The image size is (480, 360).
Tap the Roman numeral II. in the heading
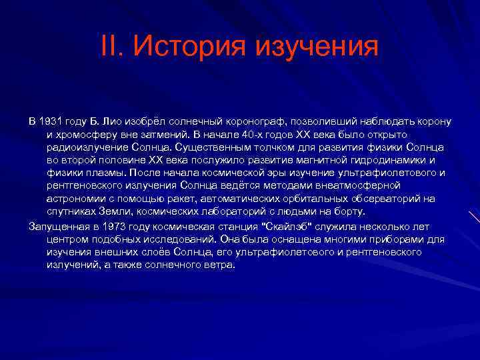(x=114, y=47)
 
